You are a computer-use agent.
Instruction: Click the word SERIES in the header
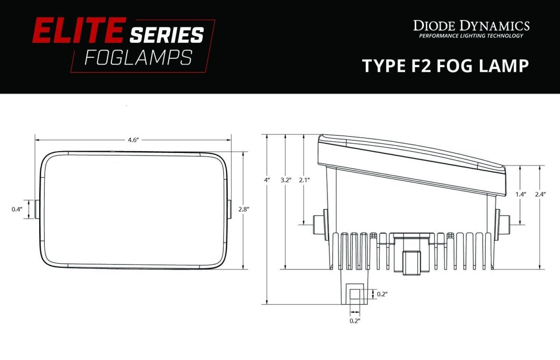point(167,35)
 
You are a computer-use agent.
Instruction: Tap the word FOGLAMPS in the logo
point(138,58)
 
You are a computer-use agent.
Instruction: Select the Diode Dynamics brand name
point(471,25)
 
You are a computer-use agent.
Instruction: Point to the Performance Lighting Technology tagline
point(471,36)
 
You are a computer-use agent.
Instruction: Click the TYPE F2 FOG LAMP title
point(445,66)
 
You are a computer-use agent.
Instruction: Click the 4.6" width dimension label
point(133,140)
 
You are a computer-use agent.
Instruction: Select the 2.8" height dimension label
point(243,209)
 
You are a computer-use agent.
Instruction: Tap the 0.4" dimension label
point(17,209)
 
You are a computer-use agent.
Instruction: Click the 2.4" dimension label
point(540,194)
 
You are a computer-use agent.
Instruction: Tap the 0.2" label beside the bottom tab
point(382,294)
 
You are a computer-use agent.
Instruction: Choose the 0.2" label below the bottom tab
point(355,321)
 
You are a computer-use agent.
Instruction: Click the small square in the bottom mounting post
point(355,294)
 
